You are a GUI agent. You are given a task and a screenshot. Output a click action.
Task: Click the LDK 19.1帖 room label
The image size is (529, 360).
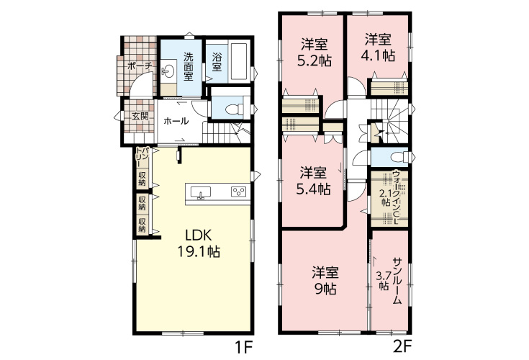pos(199,243)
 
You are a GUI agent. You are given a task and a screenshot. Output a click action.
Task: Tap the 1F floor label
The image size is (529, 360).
pos(243,347)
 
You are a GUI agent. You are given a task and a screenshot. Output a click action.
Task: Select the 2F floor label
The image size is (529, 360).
pos(402,347)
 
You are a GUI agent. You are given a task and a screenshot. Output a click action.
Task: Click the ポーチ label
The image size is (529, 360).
pos(140,66)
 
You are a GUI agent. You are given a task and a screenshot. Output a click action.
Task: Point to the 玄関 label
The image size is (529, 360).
pos(140,117)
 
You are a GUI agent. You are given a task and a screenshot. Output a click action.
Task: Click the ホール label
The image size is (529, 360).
pos(176,121)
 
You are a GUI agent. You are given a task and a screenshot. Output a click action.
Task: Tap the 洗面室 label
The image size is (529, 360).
pos(189,66)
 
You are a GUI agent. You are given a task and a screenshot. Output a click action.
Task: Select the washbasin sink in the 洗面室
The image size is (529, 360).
pos(168,71)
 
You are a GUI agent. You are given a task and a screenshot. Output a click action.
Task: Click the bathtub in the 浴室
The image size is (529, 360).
pos(240,60)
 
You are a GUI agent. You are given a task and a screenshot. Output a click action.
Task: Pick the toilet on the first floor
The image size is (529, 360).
pos(234,109)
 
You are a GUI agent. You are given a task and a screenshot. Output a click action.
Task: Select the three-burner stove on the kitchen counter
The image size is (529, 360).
pos(238,192)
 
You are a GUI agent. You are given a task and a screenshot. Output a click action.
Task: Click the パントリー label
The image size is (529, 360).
pos(143,156)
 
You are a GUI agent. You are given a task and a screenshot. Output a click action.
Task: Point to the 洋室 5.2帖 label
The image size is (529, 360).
pos(314,53)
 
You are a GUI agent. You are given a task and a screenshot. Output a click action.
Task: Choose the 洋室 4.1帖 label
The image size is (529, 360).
pos(378,48)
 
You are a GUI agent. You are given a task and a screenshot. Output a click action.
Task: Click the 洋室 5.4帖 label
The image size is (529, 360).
pos(313,181)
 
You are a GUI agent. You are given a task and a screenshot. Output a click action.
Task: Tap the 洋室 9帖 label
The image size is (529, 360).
pos(325,280)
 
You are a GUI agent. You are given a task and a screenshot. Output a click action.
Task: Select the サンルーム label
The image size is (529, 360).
pos(397,281)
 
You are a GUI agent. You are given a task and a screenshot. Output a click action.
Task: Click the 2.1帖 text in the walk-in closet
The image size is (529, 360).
pos(385,198)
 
